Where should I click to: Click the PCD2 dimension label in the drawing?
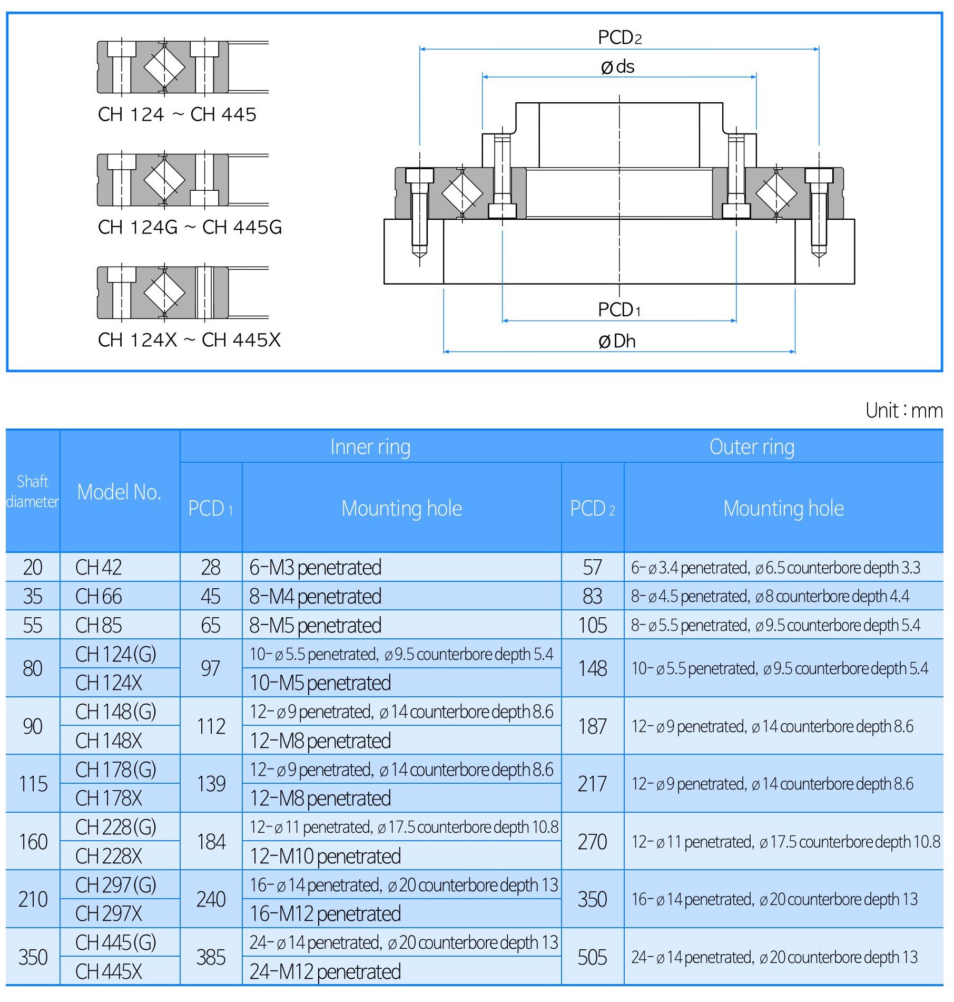619,37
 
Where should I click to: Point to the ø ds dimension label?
617,67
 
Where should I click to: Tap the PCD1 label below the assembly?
619,310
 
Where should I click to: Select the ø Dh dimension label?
617,342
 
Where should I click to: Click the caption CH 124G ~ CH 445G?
190,227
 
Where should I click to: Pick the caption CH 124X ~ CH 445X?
189,340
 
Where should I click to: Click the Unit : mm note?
903,411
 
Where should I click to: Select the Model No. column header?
119,492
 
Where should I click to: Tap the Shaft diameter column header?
33,492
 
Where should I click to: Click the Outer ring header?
752,447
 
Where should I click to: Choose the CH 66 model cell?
99,596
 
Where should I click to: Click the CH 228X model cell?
109,856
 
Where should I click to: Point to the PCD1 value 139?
211,784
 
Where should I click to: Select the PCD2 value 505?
592,957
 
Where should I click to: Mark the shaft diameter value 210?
33,899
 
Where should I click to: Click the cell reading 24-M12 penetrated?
325,971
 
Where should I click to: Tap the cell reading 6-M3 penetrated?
315,568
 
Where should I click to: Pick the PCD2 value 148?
593,668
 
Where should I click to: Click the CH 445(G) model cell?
116,942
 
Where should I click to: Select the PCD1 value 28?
211,568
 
